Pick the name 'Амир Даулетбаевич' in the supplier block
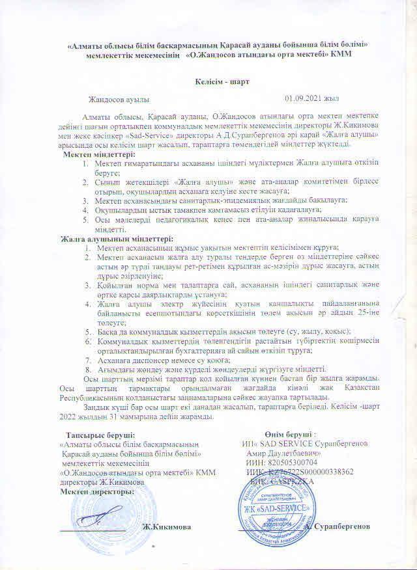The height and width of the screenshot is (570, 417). [x=283, y=452]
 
